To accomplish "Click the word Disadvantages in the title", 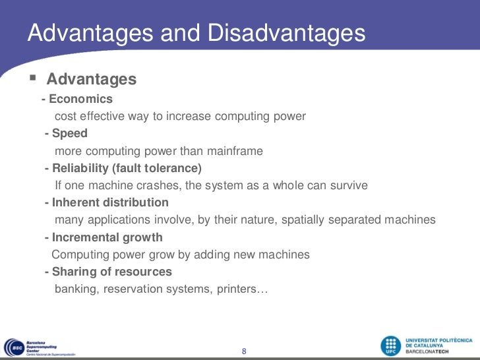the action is (287, 33).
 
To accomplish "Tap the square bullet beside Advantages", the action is (33, 77).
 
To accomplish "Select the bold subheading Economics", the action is (81, 99).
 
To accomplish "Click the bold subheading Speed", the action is (70, 133).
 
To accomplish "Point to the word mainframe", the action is (235, 151).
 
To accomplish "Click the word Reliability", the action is (80, 168).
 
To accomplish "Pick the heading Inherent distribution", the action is (110, 202).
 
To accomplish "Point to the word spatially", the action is (303, 220).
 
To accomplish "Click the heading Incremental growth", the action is (107, 237).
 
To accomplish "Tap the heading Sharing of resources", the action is (111, 272).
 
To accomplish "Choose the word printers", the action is (237, 289).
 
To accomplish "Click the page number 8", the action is (244, 351).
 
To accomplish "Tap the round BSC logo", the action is (15, 347).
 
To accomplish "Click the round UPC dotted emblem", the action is (391, 346).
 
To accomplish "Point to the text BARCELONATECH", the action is (427, 351).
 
